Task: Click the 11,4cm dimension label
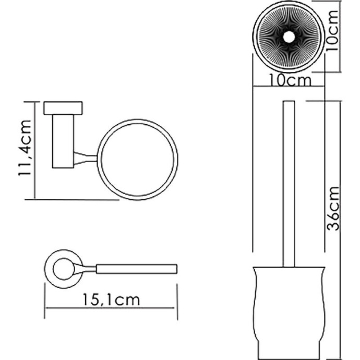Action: [x=25, y=148]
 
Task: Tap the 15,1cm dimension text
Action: [x=111, y=299]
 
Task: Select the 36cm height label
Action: [x=333, y=209]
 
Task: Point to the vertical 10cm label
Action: [x=332, y=30]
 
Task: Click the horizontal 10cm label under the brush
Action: [x=290, y=80]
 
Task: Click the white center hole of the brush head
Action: [x=289, y=37]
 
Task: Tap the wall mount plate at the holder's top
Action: [x=63, y=108]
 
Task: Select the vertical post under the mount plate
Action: [x=63, y=141]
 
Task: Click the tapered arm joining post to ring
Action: [x=86, y=158]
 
